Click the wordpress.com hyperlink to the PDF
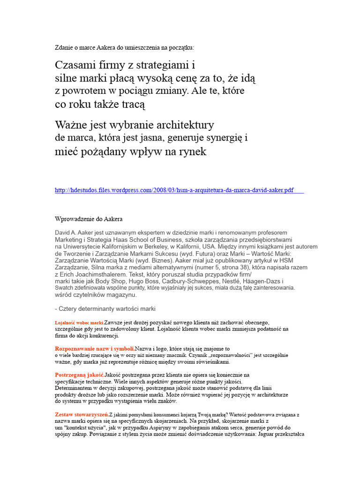[174, 190]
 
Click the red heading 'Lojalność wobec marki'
[79, 323]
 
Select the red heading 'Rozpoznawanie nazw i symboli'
[95, 349]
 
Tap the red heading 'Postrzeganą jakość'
[79, 375]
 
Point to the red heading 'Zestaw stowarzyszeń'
[82, 415]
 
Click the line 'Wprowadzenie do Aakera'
[89, 219]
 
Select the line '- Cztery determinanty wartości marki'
[105, 308]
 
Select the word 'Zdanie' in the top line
[64, 47]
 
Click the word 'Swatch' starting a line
[64, 288]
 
